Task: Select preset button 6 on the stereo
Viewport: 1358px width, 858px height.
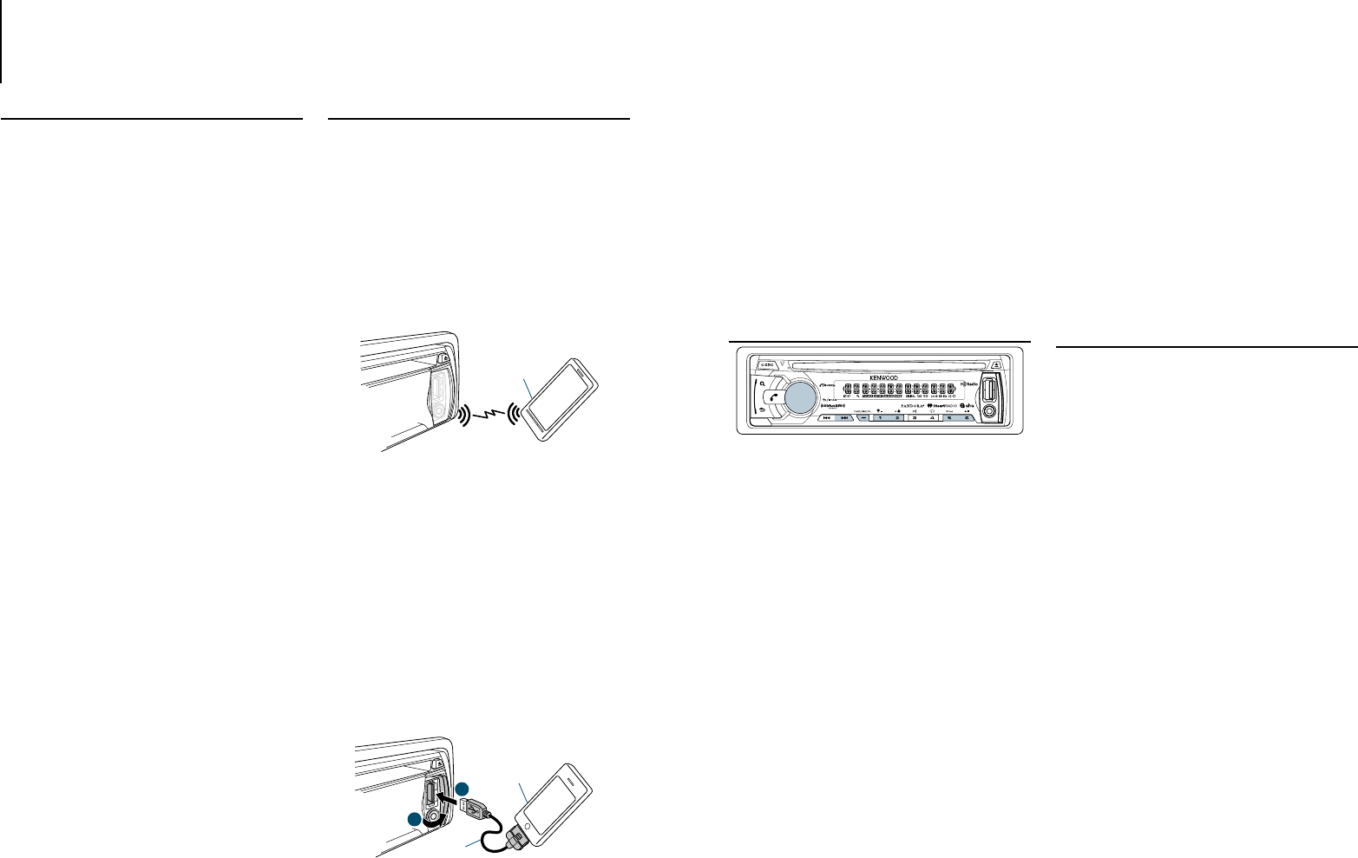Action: [x=968, y=418]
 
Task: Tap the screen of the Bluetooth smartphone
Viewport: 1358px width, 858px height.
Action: [x=561, y=400]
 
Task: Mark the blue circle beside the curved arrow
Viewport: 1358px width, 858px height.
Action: [x=417, y=819]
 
